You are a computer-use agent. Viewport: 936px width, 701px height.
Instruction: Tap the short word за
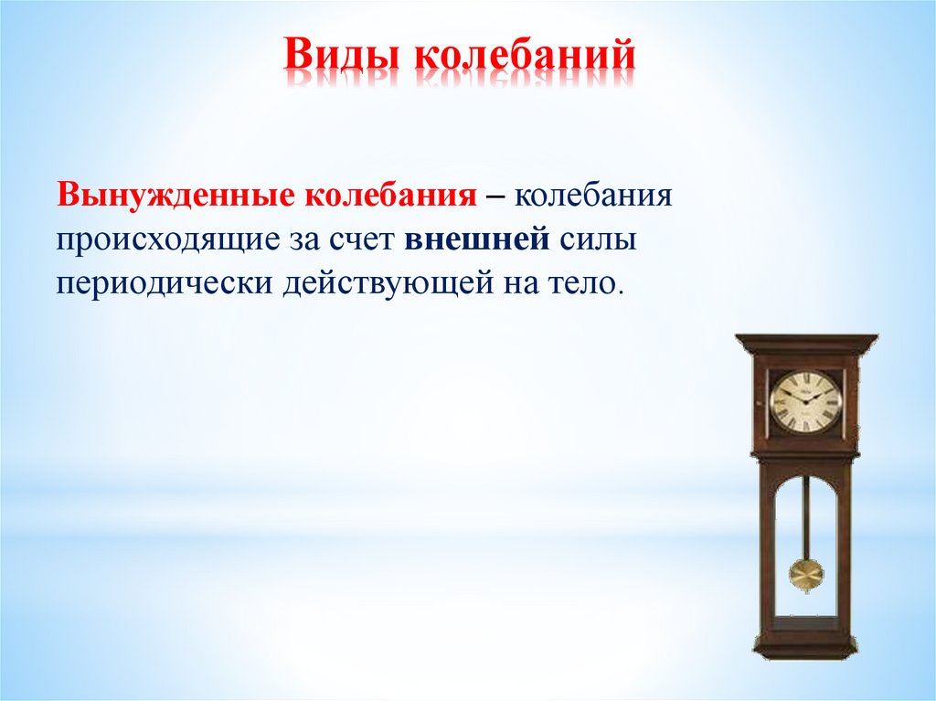pos(304,240)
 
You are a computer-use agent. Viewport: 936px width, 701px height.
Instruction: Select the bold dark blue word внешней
pos(476,240)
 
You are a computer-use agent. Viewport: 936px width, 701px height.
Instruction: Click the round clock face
pos(805,401)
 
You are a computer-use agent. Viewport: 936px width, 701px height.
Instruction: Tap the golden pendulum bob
pos(806,575)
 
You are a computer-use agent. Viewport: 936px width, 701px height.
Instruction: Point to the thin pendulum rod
pos(806,516)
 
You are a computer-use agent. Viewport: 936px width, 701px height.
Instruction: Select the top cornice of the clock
pos(806,345)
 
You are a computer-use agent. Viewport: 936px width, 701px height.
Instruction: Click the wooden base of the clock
pos(805,650)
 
